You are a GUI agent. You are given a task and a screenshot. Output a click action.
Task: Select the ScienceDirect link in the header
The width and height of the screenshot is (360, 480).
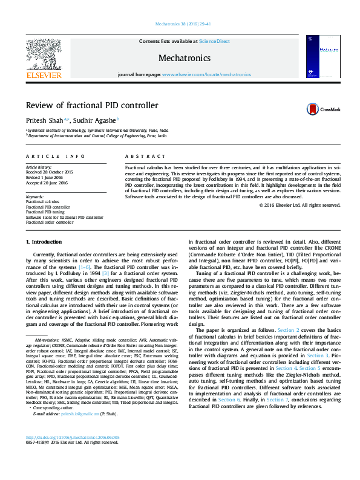click(x=214, y=42)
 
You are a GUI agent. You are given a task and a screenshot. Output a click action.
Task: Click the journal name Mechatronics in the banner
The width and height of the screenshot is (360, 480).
click(x=184, y=58)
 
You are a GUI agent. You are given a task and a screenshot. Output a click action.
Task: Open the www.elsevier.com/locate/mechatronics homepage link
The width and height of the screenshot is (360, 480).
click(x=206, y=74)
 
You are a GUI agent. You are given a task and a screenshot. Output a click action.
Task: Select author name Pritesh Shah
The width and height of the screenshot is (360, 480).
click(x=44, y=120)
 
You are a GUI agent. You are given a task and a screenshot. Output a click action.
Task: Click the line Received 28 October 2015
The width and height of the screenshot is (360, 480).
click(x=48, y=172)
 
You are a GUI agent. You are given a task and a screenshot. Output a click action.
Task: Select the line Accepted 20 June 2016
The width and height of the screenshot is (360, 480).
click(x=47, y=183)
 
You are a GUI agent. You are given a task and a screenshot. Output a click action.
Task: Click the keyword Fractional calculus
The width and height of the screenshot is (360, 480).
click(x=42, y=201)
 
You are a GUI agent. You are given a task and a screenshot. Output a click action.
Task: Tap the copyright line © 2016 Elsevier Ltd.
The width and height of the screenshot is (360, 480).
click(x=300, y=206)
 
